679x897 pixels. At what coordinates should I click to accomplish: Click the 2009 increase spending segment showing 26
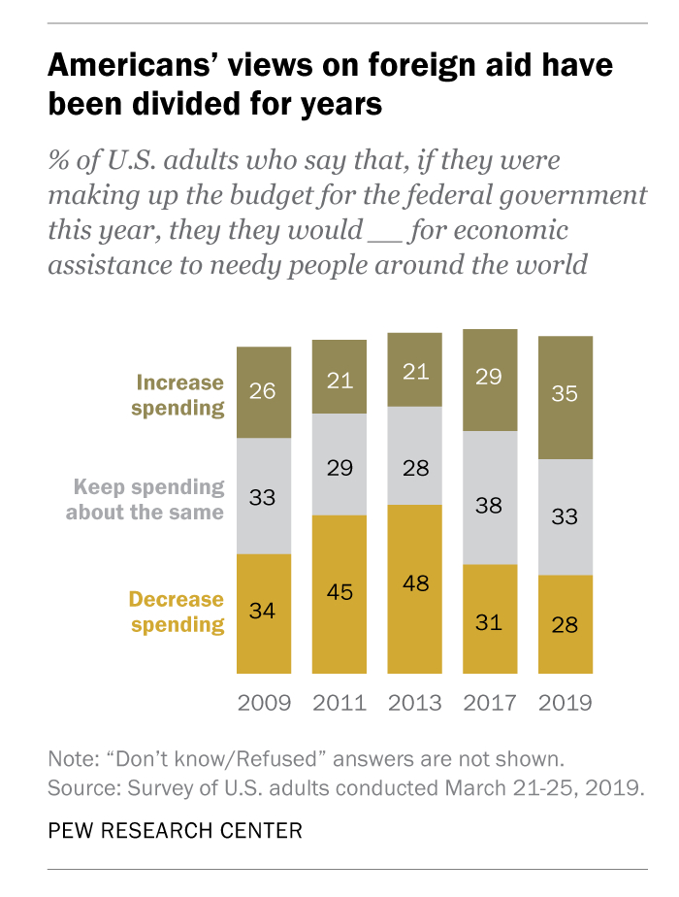pos(264,392)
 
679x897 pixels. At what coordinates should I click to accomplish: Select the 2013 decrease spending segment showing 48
pos(414,588)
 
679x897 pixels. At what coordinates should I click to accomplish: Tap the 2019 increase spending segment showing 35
pos(566,397)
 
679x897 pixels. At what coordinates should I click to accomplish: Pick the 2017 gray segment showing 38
pos(490,498)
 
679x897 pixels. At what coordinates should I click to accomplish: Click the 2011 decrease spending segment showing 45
pos(339,593)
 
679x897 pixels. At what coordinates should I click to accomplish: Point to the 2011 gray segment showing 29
pos(339,464)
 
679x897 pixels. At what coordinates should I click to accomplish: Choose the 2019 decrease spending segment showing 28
pos(566,624)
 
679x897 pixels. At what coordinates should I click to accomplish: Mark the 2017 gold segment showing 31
pos(490,618)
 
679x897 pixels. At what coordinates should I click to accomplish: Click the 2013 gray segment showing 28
pos(414,455)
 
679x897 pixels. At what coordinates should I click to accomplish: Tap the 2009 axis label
pos(264,702)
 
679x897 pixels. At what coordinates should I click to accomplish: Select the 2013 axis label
pos(414,702)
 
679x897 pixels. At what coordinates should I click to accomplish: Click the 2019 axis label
pos(566,702)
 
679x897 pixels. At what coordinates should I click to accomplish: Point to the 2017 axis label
pos(490,702)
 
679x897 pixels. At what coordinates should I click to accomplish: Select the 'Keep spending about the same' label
pos(145,499)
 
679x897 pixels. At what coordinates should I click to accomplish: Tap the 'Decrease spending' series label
pos(178,612)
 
